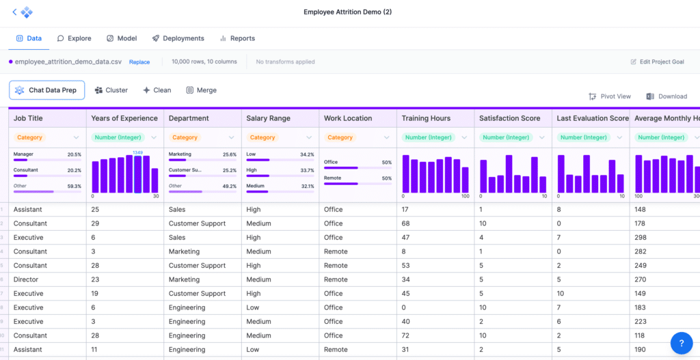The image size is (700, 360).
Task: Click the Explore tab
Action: point(75,38)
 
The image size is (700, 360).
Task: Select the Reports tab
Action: point(237,38)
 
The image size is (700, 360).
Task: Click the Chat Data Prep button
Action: point(46,90)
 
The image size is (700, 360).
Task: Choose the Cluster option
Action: point(111,90)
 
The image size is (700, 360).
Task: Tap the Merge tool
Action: point(201,90)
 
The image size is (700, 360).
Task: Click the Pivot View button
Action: point(610,96)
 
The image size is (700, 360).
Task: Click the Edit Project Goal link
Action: point(657,61)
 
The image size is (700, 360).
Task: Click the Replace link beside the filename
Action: point(139,61)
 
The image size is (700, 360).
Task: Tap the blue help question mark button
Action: point(682,342)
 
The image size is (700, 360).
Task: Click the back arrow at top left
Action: point(14,12)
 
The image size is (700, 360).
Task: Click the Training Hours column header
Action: point(426,118)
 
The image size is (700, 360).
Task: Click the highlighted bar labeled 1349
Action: point(138,174)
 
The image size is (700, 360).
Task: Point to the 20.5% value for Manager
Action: point(73,154)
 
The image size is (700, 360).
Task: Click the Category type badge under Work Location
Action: point(340,137)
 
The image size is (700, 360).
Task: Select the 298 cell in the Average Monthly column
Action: point(641,238)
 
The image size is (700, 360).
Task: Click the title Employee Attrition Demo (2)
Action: point(348,12)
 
